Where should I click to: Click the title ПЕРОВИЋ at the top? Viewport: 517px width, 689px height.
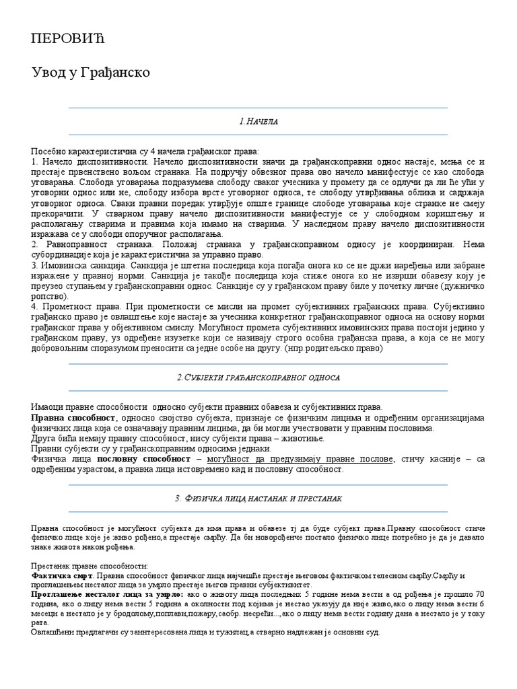69,38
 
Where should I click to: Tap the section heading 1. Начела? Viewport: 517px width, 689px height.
258,121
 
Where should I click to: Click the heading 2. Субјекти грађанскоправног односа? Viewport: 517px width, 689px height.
258,377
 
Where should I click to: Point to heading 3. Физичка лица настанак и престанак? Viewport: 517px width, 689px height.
258,498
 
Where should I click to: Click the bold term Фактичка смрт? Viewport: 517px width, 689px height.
62,577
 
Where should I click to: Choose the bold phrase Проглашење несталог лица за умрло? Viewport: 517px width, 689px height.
106,595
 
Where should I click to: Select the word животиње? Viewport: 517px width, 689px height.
304,438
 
